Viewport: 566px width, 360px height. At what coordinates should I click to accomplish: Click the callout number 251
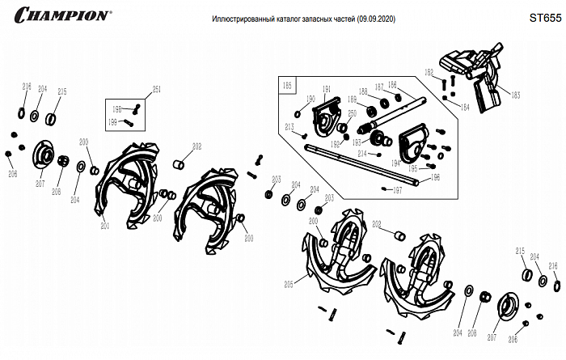(x=157, y=89)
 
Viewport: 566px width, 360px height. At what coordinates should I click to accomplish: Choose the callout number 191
(x=327, y=90)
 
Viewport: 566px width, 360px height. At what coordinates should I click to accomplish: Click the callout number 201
(x=104, y=226)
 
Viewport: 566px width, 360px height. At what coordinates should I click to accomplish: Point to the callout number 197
(x=396, y=191)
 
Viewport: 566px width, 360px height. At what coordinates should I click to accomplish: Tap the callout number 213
(x=289, y=127)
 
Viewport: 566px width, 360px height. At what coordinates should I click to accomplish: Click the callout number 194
(x=396, y=162)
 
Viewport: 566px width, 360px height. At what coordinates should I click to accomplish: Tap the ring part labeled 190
(x=298, y=114)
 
